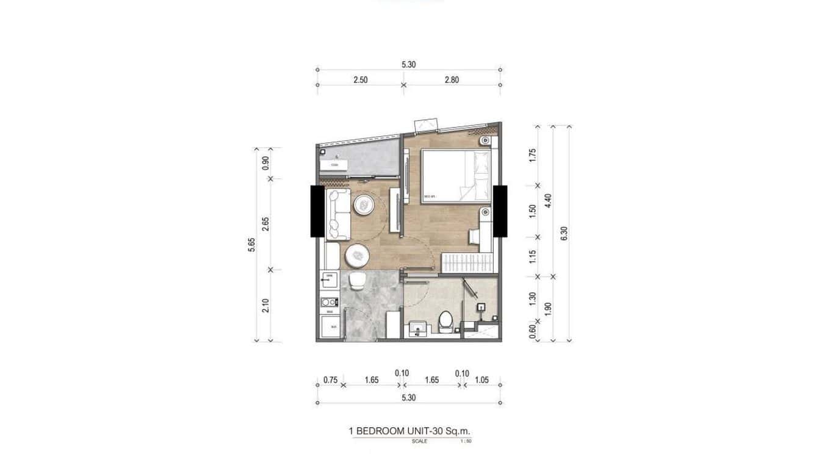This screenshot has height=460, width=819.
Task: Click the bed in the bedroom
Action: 455,176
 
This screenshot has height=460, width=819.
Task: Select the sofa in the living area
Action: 337,214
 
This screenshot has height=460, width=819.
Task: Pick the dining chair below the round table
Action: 356,281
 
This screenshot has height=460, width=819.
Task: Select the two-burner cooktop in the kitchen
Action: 330,301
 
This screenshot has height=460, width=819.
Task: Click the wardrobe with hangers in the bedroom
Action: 466,264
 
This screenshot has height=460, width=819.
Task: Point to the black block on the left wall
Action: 317,211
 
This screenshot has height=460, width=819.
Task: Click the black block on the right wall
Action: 500,211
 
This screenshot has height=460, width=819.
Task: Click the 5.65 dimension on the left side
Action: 251,244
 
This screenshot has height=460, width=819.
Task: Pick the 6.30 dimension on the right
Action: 564,234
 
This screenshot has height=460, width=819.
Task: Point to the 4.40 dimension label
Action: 547,201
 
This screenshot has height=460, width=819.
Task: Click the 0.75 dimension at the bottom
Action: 330,379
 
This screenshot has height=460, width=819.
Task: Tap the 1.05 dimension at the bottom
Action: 482,379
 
